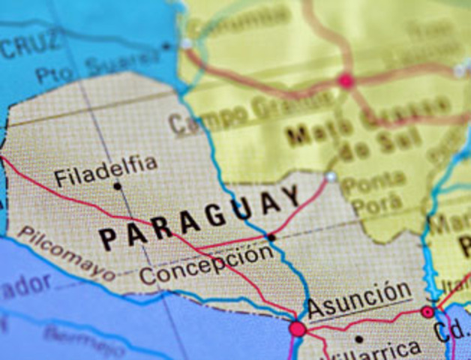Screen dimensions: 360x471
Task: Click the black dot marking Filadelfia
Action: [x=117, y=186]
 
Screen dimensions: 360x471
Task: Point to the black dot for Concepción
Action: [x=271, y=237]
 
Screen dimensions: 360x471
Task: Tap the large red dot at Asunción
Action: [x=298, y=328]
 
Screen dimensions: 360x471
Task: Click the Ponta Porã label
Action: [x=372, y=193]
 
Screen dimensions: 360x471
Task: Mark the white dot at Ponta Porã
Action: [x=331, y=177]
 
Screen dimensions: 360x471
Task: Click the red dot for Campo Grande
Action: [x=345, y=81]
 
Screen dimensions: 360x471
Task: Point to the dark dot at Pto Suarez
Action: [x=166, y=46]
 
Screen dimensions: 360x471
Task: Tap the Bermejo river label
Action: [x=84, y=341]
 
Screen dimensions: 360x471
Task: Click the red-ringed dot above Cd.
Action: [x=428, y=311]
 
